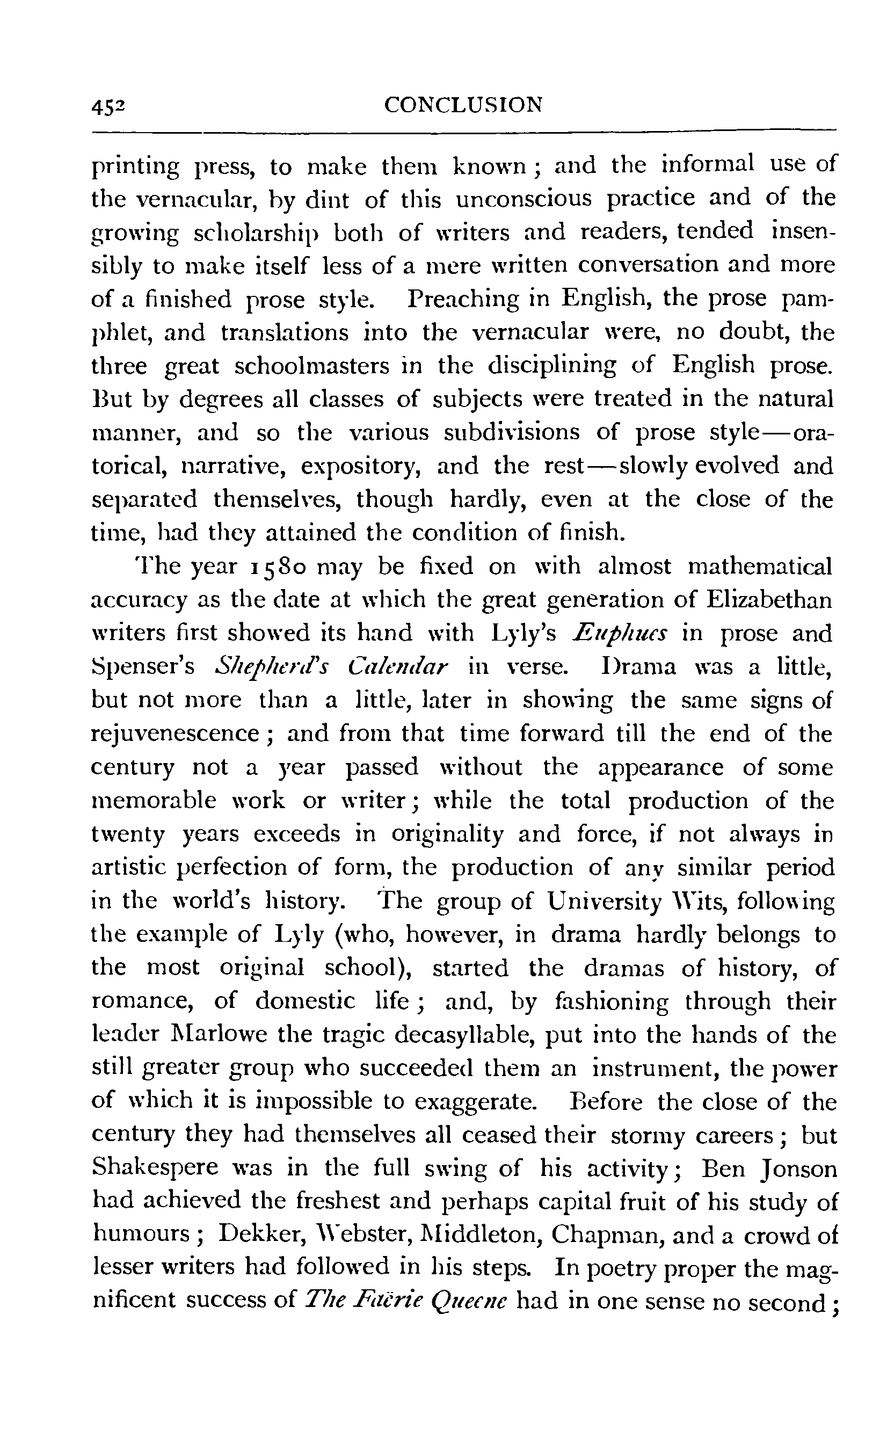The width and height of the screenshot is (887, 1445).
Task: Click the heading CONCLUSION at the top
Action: point(463,105)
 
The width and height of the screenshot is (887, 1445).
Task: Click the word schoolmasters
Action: point(311,366)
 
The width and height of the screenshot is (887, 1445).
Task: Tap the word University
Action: point(604,902)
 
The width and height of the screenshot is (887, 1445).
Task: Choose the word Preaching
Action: point(463,299)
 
